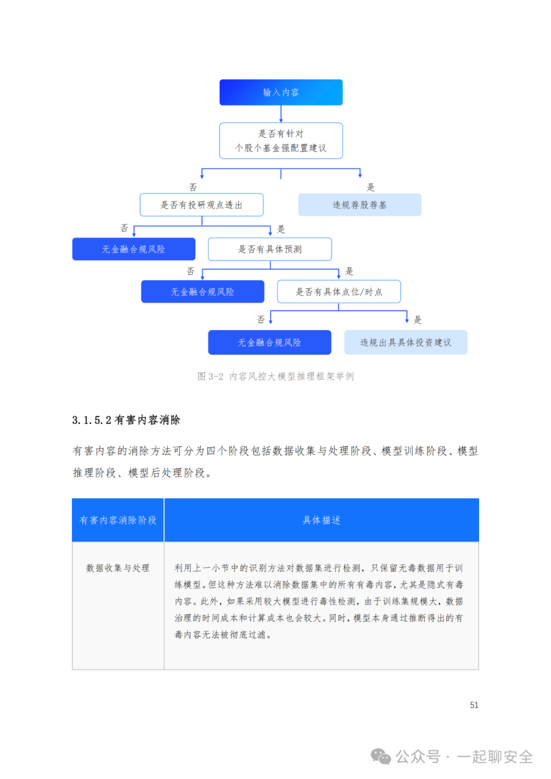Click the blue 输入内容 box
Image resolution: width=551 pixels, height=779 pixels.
(281, 92)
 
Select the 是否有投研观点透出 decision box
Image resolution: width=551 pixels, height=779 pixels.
(202, 205)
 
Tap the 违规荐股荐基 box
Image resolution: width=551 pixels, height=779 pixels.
(360, 205)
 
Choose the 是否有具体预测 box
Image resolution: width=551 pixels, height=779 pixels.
(270, 249)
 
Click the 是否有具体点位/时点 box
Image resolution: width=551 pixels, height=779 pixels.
(339, 292)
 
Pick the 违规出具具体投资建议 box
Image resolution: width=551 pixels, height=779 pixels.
(406, 342)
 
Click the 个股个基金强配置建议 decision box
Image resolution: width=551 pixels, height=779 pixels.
(281, 141)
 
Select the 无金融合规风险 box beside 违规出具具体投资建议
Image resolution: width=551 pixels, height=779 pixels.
(269, 342)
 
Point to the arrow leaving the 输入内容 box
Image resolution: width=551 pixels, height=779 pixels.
(281, 114)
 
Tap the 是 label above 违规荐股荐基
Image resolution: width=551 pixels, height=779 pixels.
(371, 187)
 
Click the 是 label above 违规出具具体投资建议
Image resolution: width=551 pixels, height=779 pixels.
(418, 320)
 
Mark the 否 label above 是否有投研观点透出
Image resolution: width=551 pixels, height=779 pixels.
(193, 187)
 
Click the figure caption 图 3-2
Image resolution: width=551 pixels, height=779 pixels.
(210, 376)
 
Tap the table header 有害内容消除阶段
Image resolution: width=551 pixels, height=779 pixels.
(118, 520)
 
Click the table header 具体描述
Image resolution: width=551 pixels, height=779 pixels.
(321, 520)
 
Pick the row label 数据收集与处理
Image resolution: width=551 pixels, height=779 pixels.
(118, 568)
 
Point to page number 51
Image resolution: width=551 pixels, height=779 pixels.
(474, 705)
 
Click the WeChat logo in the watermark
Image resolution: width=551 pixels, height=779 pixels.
(381, 757)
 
